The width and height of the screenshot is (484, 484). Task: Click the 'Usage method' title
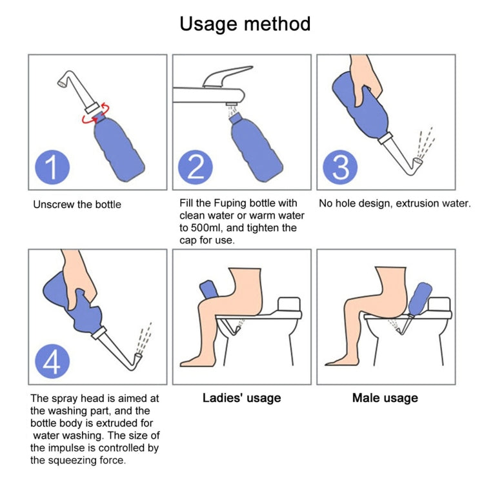(x=245, y=25)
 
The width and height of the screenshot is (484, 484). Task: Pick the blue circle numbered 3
(x=341, y=166)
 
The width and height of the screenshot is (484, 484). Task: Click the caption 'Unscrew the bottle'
(x=77, y=205)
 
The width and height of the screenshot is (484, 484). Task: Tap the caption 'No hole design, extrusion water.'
(x=394, y=203)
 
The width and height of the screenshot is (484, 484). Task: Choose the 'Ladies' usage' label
(x=241, y=398)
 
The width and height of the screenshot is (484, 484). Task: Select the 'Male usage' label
(x=385, y=398)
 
